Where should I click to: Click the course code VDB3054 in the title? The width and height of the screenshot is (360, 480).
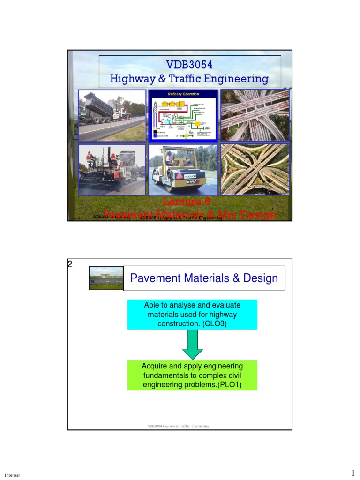coord(189,64)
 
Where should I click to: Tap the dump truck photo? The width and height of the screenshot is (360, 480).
coord(112,115)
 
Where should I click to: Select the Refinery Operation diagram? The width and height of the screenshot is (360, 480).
coord(183,115)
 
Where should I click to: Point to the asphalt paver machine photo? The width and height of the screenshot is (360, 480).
coord(112,170)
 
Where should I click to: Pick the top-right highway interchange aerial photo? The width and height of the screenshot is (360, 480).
coord(255,115)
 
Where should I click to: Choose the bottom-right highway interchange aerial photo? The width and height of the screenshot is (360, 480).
coord(255,170)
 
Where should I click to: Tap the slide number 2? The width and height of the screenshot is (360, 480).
coord(70,263)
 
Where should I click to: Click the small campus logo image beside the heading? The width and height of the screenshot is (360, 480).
coord(105,278)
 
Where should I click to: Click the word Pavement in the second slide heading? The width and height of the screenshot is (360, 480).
coord(153,278)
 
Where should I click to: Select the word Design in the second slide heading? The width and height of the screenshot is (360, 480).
coord(260,278)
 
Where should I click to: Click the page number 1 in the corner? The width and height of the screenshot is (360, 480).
coord(354,472)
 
